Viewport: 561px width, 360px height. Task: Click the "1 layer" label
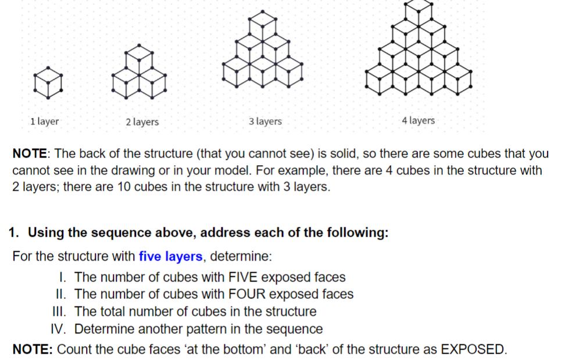pyautogui.click(x=44, y=122)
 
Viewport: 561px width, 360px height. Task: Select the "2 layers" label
pyautogui.click(x=142, y=122)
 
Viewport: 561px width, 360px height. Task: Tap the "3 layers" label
pyautogui.click(x=265, y=122)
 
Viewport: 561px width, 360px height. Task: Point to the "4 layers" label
pyautogui.click(x=418, y=120)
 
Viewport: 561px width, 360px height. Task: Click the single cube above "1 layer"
pyautogui.click(x=48, y=82)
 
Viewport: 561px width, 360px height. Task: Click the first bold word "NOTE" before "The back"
pyautogui.click(x=31, y=154)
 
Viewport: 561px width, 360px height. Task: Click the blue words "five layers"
pyautogui.click(x=170, y=256)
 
